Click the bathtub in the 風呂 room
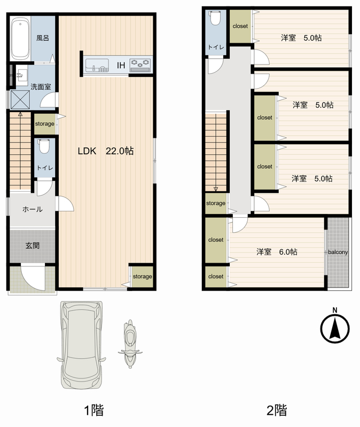20,38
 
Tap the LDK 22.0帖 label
106,151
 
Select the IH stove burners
140,65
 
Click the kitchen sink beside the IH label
97,65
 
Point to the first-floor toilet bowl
44,147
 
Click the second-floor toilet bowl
216,18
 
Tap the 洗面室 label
41,87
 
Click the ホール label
33,209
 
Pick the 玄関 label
33,246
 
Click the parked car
82,345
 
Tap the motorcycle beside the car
130,344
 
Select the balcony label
338,252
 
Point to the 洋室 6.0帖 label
277,252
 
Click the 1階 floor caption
94,410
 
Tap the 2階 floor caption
277,410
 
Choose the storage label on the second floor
216,203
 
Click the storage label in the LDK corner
142,276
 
